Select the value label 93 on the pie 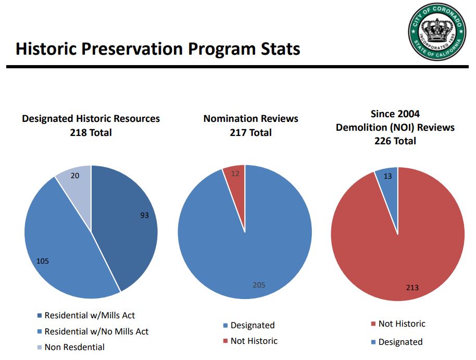tap(144, 215)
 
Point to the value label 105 tap(43, 260)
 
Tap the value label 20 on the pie tap(75, 176)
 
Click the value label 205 tap(259, 284)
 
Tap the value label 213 tap(412, 287)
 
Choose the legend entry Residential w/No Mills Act tap(96, 331)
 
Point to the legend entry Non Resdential tap(74, 347)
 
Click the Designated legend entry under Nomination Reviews tap(252, 325)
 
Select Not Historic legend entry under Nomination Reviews tap(254, 341)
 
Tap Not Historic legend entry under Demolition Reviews tap(402, 324)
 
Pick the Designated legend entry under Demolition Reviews tap(400, 342)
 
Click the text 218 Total tap(91, 132)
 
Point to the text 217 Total tap(250, 132)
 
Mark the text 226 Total tap(395, 141)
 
